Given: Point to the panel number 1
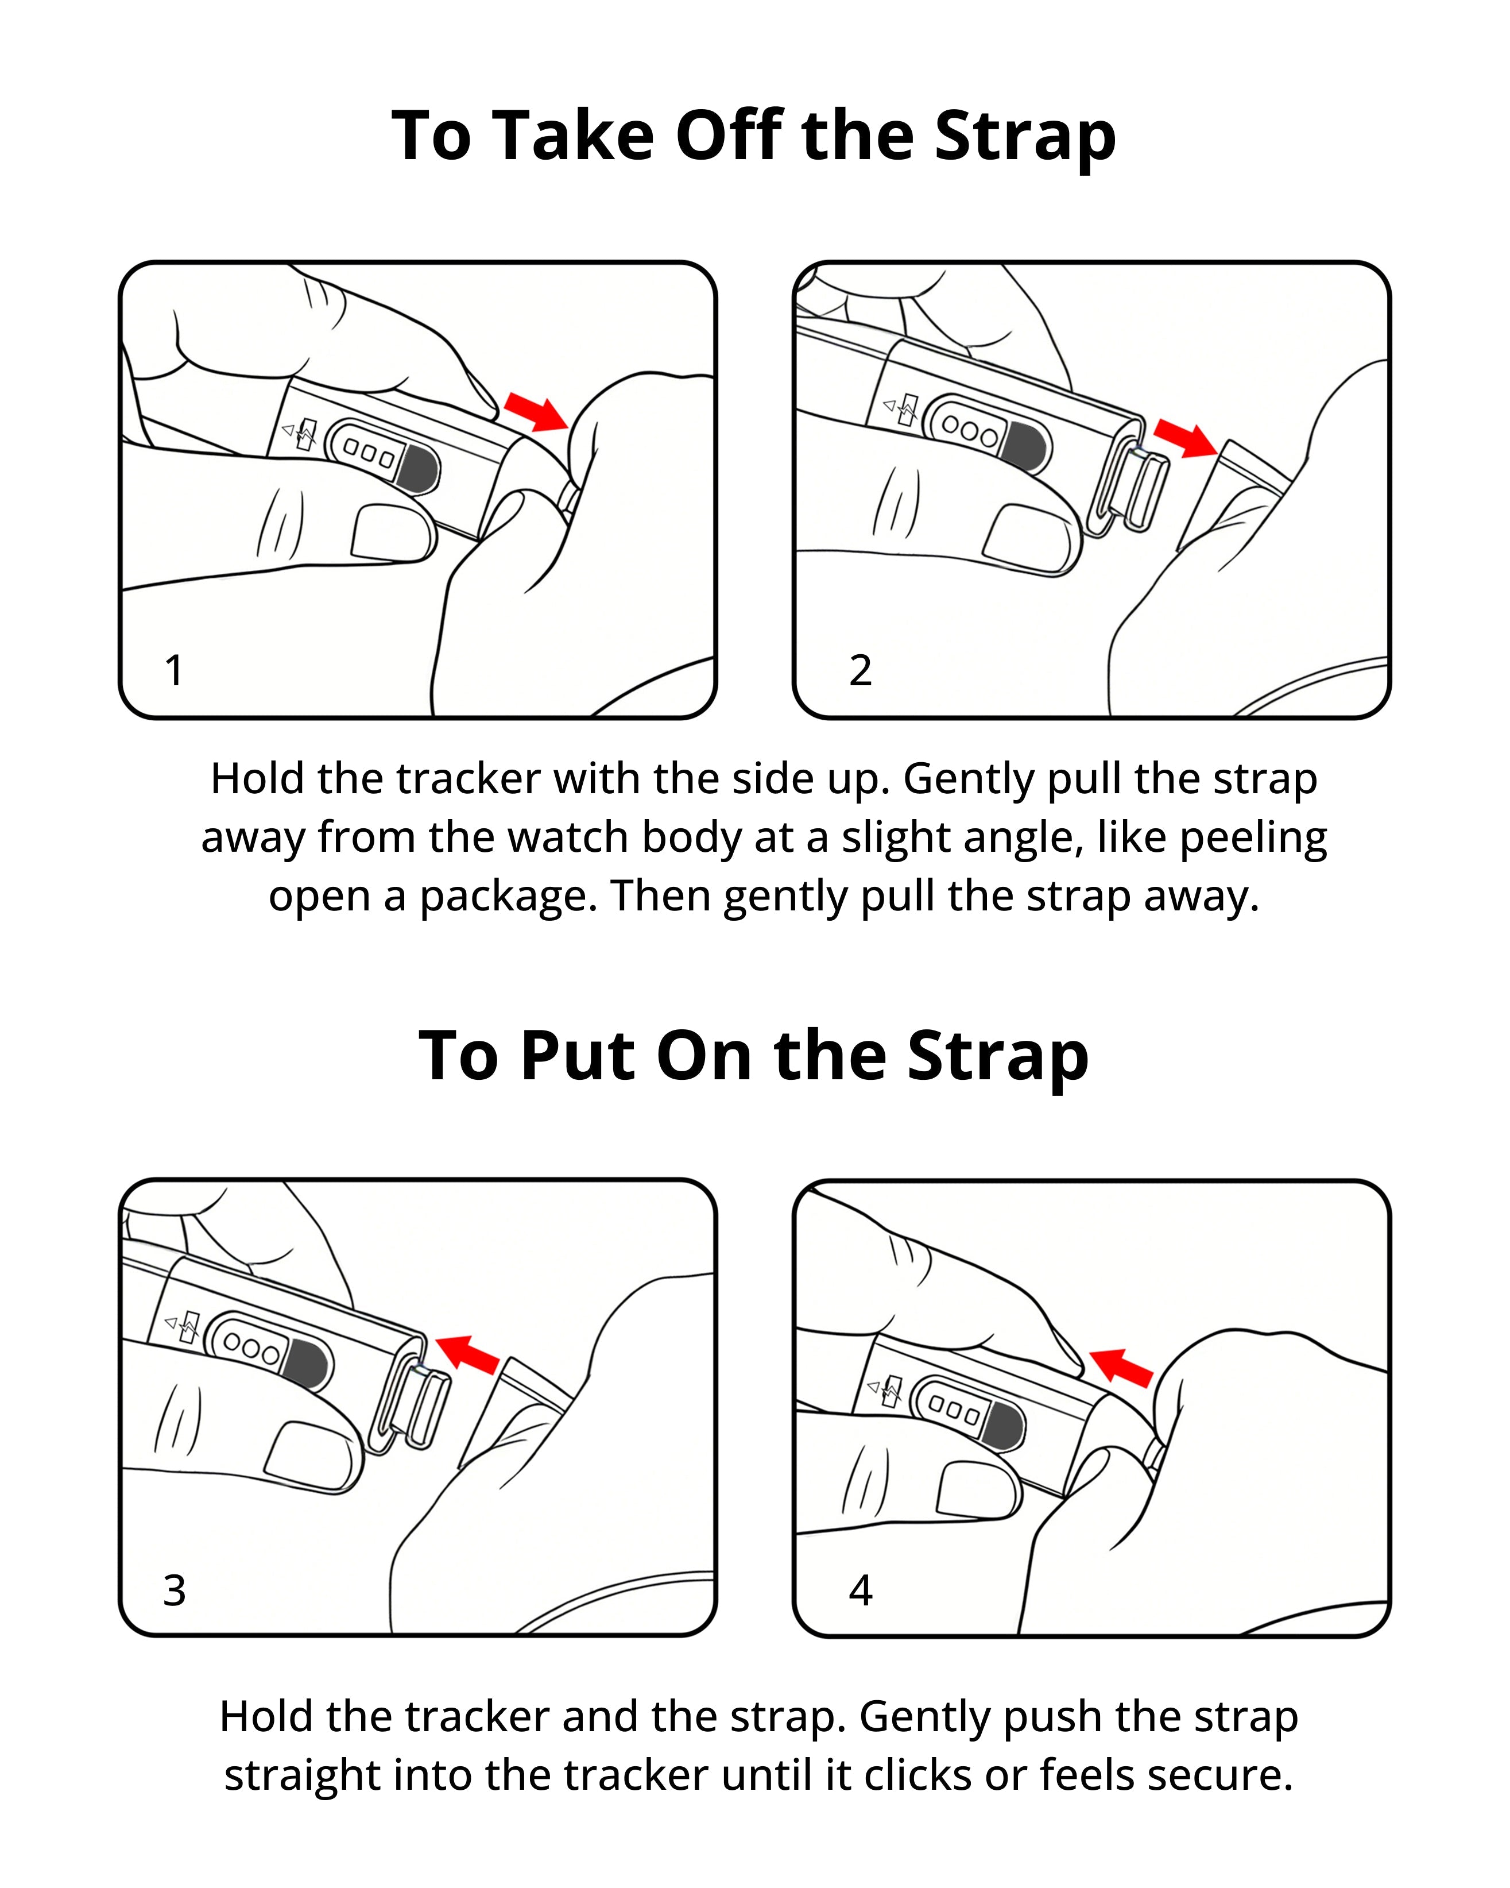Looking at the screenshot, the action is click(174, 671).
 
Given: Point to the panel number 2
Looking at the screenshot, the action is click(861, 671).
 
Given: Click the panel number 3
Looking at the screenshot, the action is click(174, 1590).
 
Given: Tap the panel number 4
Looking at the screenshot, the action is click(861, 1590).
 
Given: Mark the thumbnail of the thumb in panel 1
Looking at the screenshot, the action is click(393, 533).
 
